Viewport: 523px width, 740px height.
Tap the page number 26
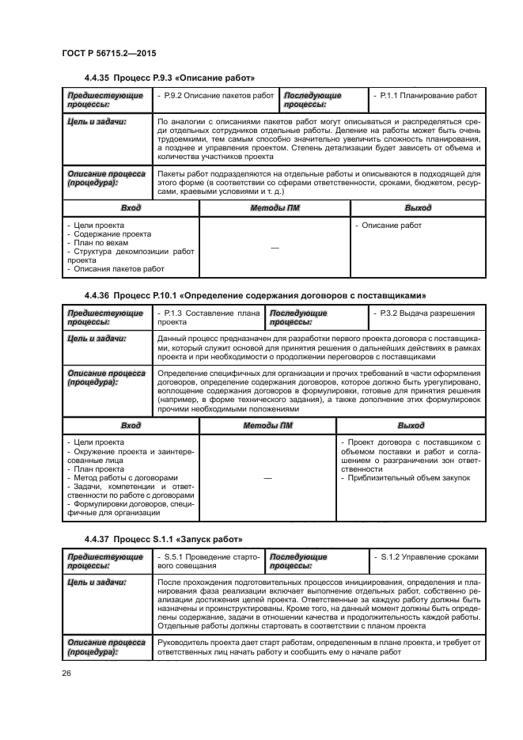(66, 673)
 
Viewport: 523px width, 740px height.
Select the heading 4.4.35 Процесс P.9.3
(169, 78)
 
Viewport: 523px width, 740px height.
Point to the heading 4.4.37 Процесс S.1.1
(162, 539)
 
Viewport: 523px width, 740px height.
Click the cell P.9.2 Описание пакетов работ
(215, 95)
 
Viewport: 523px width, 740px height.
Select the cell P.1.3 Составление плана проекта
(208, 318)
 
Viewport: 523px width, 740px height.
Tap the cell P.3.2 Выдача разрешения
(426, 313)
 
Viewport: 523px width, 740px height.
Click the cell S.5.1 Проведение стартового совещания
(208, 562)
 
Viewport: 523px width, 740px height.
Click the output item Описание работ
(391, 225)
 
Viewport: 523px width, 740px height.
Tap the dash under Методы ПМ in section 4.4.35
(275, 249)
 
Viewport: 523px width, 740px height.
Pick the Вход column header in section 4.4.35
(131, 207)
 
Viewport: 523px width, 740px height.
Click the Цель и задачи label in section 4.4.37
(97, 582)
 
